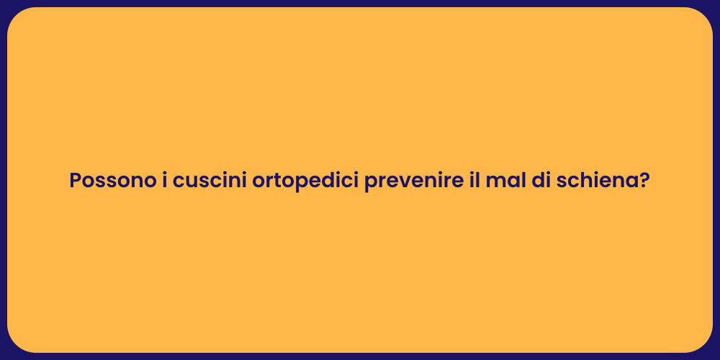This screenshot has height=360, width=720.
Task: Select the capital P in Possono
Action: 75,181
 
